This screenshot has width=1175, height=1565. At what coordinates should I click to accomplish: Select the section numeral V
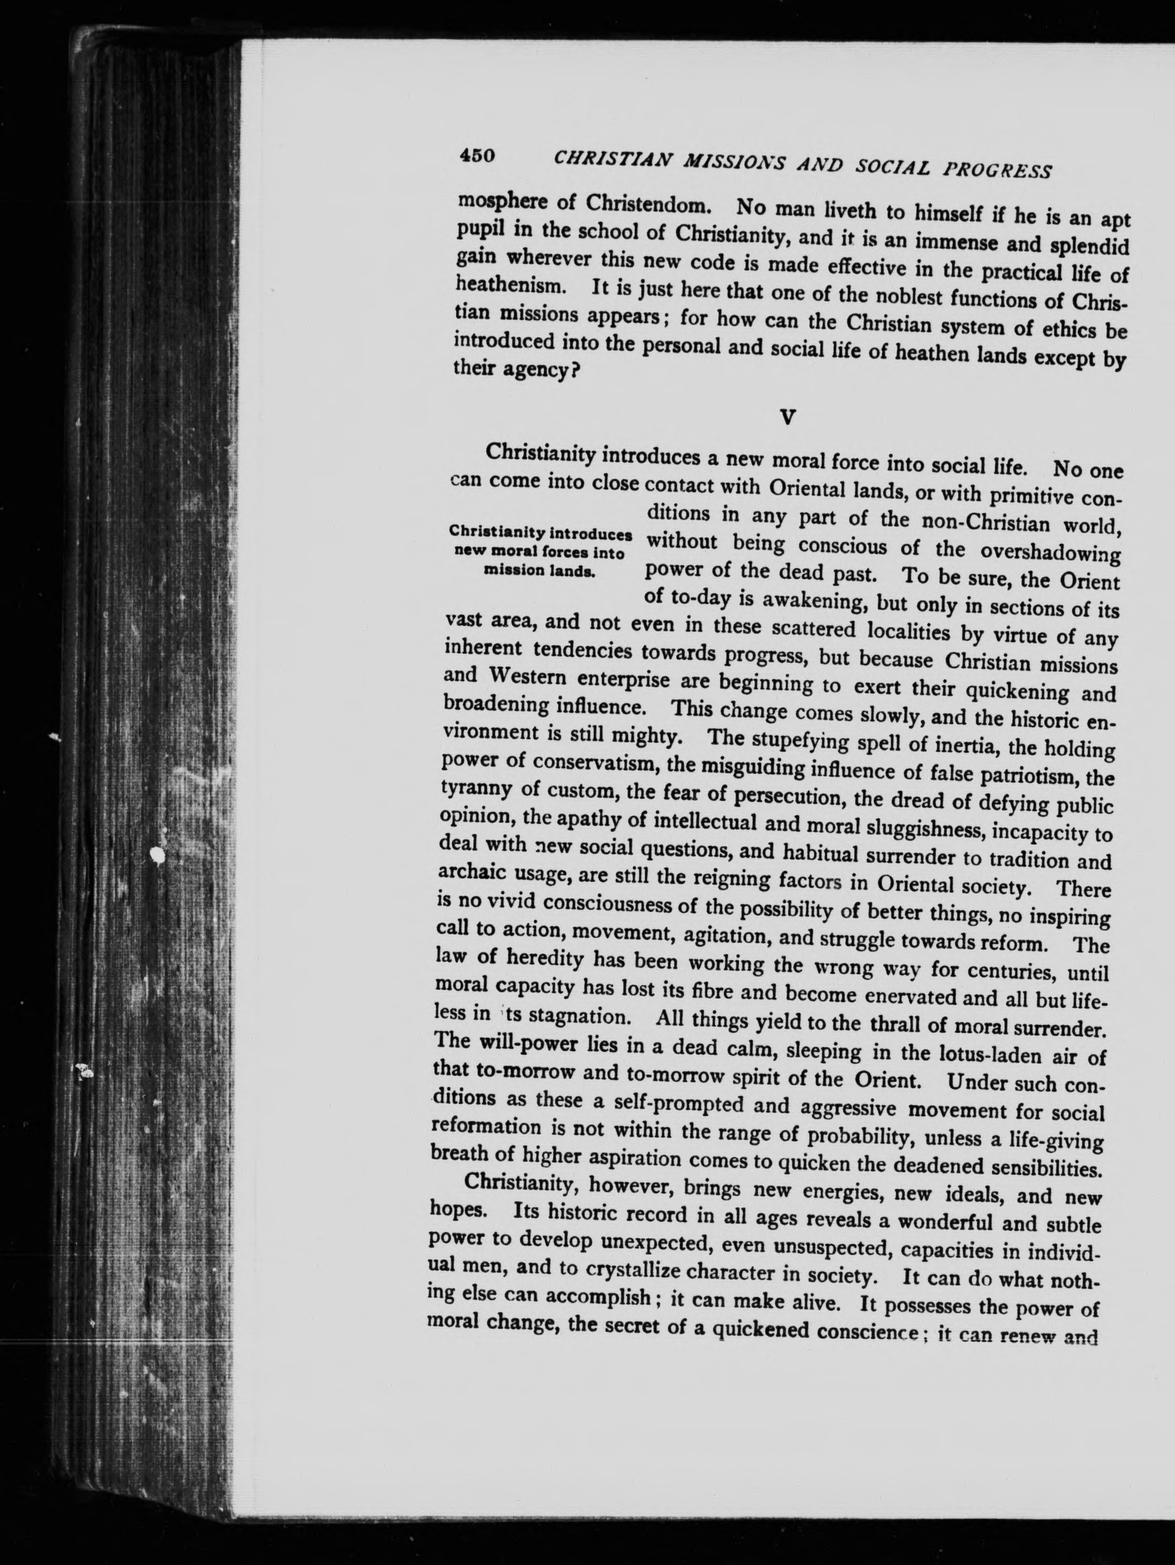click(x=788, y=418)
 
